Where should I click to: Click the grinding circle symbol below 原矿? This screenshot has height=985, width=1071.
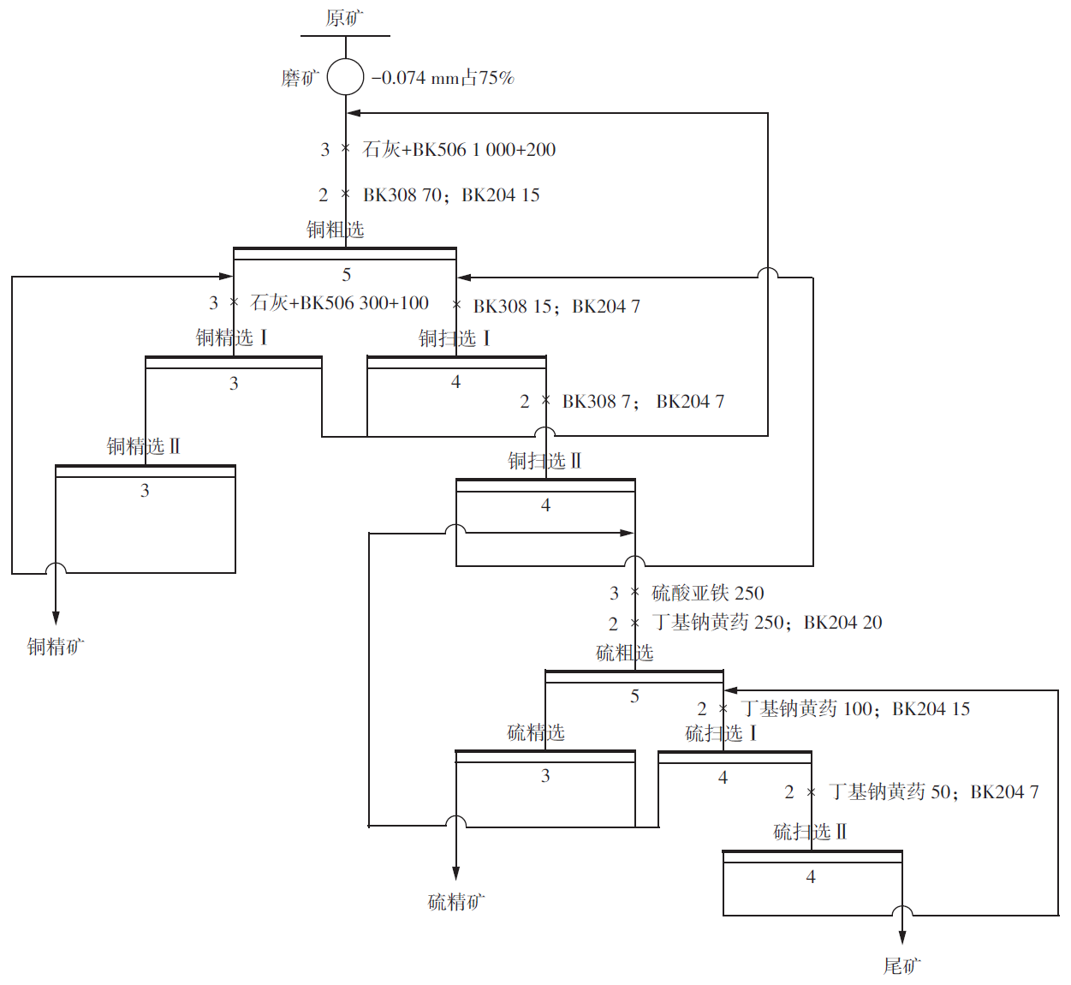click(x=346, y=77)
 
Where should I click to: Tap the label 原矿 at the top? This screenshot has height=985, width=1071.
click(x=345, y=17)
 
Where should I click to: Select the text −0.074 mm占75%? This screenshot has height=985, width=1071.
click(x=443, y=78)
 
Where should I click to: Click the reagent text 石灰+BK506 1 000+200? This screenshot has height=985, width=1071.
click(x=459, y=150)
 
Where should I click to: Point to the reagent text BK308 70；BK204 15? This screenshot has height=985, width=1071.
click(x=451, y=195)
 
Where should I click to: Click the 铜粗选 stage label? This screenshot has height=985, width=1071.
click(x=336, y=230)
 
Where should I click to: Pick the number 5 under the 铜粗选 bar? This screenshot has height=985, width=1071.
click(x=347, y=275)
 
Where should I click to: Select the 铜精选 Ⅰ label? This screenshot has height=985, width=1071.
click(x=232, y=337)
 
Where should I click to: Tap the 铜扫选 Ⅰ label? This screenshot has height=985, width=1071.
click(x=455, y=338)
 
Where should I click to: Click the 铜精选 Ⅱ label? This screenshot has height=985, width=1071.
click(x=144, y=446)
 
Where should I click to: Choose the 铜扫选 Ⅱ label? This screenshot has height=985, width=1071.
click(x=544, y=461)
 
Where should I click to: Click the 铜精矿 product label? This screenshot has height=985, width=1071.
click(x=56, y=647)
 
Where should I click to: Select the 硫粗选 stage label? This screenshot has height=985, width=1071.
click(x=625, y=653)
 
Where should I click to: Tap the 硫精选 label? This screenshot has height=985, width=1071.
click(x=536, y=732)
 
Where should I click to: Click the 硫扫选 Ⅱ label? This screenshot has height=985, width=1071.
click(x=810, y=832)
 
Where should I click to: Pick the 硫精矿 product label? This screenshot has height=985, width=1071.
click(x=456, y=901)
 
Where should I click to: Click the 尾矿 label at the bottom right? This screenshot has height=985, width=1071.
click(x=902, y=966)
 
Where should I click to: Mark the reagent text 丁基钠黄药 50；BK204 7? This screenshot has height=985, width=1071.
click(x=933, y=792)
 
